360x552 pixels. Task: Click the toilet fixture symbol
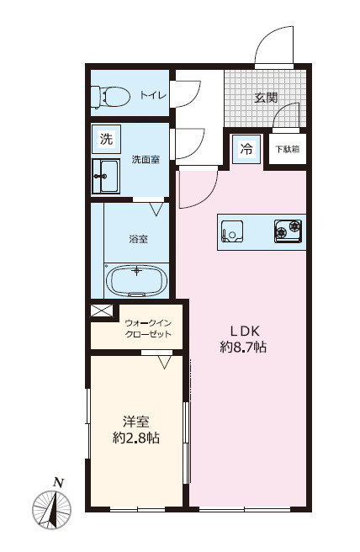coord(110,97)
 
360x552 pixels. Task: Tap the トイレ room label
coord(153,95)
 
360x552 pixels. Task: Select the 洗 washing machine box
coord(106,139)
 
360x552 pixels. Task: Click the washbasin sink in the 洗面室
coord(106,176)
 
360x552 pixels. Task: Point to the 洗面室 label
coord(146,160)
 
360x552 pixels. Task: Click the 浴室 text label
coord(138,239)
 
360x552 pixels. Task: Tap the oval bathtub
coord(136,280)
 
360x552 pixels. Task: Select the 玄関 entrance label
coord(266,98)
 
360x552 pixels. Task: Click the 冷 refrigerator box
coord(246,149)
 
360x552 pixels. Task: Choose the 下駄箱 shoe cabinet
coord(288,149)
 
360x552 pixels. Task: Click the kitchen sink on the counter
coord(232,231)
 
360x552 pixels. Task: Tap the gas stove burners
coord(288,231)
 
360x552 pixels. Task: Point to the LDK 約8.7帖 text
coord(243,339)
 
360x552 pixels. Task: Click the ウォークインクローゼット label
coord(148,328)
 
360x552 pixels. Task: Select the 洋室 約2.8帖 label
coord(136,430)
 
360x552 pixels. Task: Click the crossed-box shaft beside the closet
coord(101,310)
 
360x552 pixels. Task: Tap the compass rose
coord(52,509)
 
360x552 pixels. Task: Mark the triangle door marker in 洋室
coord(164,362)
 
